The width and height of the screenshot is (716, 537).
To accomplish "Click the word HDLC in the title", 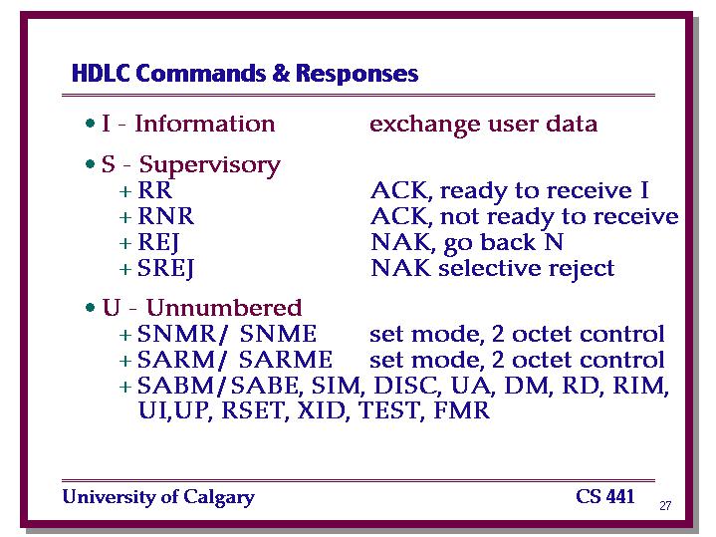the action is [x=101, y=73].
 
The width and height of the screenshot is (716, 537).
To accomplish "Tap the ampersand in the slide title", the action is [x=281, y=73].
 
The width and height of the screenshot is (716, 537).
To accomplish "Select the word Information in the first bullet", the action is [x=205, y=124].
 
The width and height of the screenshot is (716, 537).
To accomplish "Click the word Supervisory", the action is [x=209, y=165].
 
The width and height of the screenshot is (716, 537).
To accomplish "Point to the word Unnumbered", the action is [x=224, y=308].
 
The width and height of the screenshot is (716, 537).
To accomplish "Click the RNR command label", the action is [x=166, y=216].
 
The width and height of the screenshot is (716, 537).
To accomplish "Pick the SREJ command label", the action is [x=165, y=269].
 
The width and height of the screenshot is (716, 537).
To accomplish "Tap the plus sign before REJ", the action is [x=125, y=243].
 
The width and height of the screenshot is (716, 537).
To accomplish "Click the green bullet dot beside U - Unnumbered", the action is [x=90, y=308].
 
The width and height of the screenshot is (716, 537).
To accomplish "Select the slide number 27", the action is [x=665, y=505].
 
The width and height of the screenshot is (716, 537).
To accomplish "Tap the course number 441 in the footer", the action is [x=620, y=496].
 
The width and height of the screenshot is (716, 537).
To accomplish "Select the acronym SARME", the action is [x=286, y=360].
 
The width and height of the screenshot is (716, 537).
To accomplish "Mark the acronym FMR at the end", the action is [x=462, y=410].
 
